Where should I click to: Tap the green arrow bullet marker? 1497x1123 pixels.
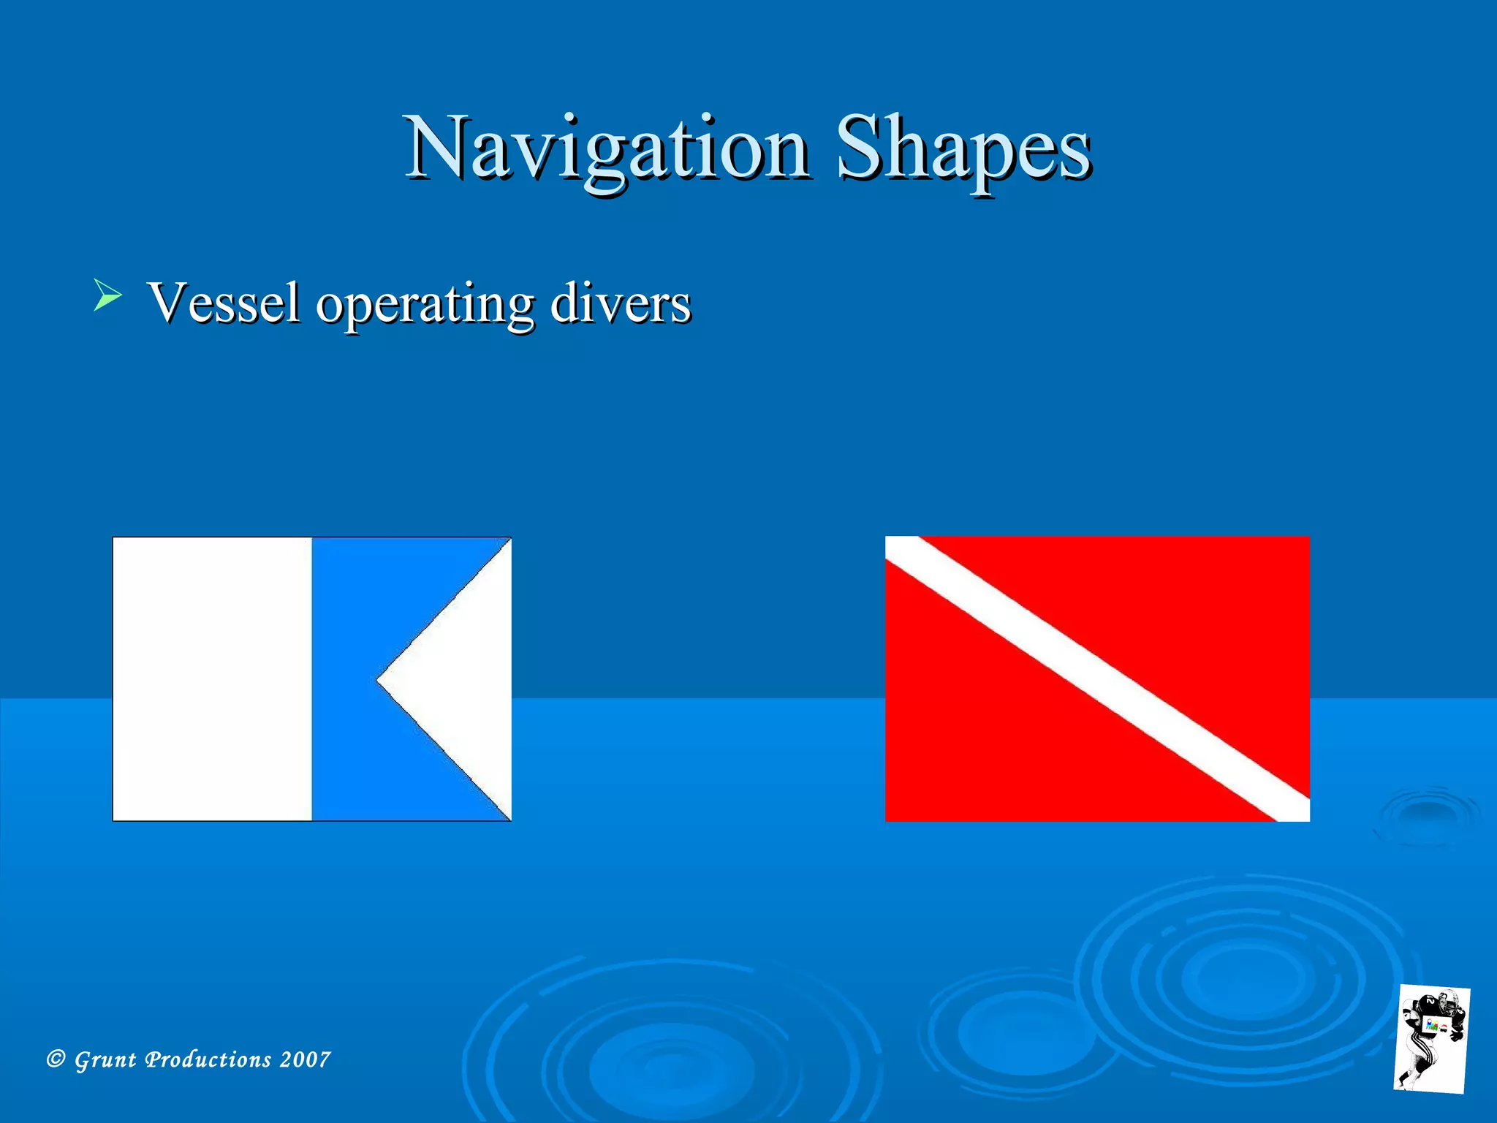point(107,295)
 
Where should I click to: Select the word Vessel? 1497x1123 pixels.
point(223,303)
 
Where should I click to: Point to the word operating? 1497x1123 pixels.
point(425,304)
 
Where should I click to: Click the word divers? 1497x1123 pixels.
point(620,303)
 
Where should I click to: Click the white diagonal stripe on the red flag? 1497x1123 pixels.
point(1096,678)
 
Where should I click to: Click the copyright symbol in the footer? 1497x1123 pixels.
point(56,1059)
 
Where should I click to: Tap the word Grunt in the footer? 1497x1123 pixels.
point(105,1059)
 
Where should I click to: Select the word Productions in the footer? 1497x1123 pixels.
point(208,1059)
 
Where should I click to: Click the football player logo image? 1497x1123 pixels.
point(1431,1038)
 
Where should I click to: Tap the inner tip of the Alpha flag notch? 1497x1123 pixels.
point(379,679)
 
